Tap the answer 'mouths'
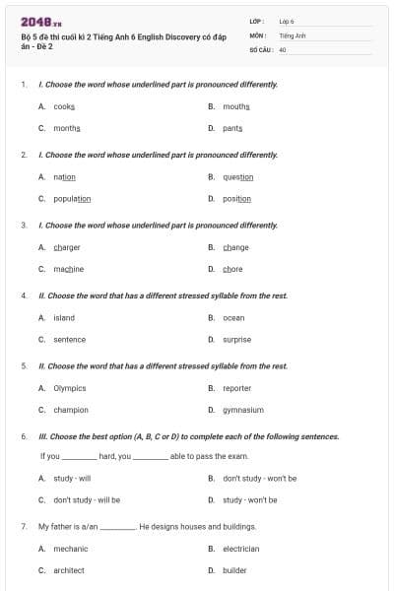(x=235, y=106)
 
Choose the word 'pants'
(x=232, y=128)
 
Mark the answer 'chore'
(x=232, y=269)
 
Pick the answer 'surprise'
(x=236, y=340)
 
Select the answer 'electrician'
(x=241, y=549)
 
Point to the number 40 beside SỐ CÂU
(x=283, y=49)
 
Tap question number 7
(x=24, y=527)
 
